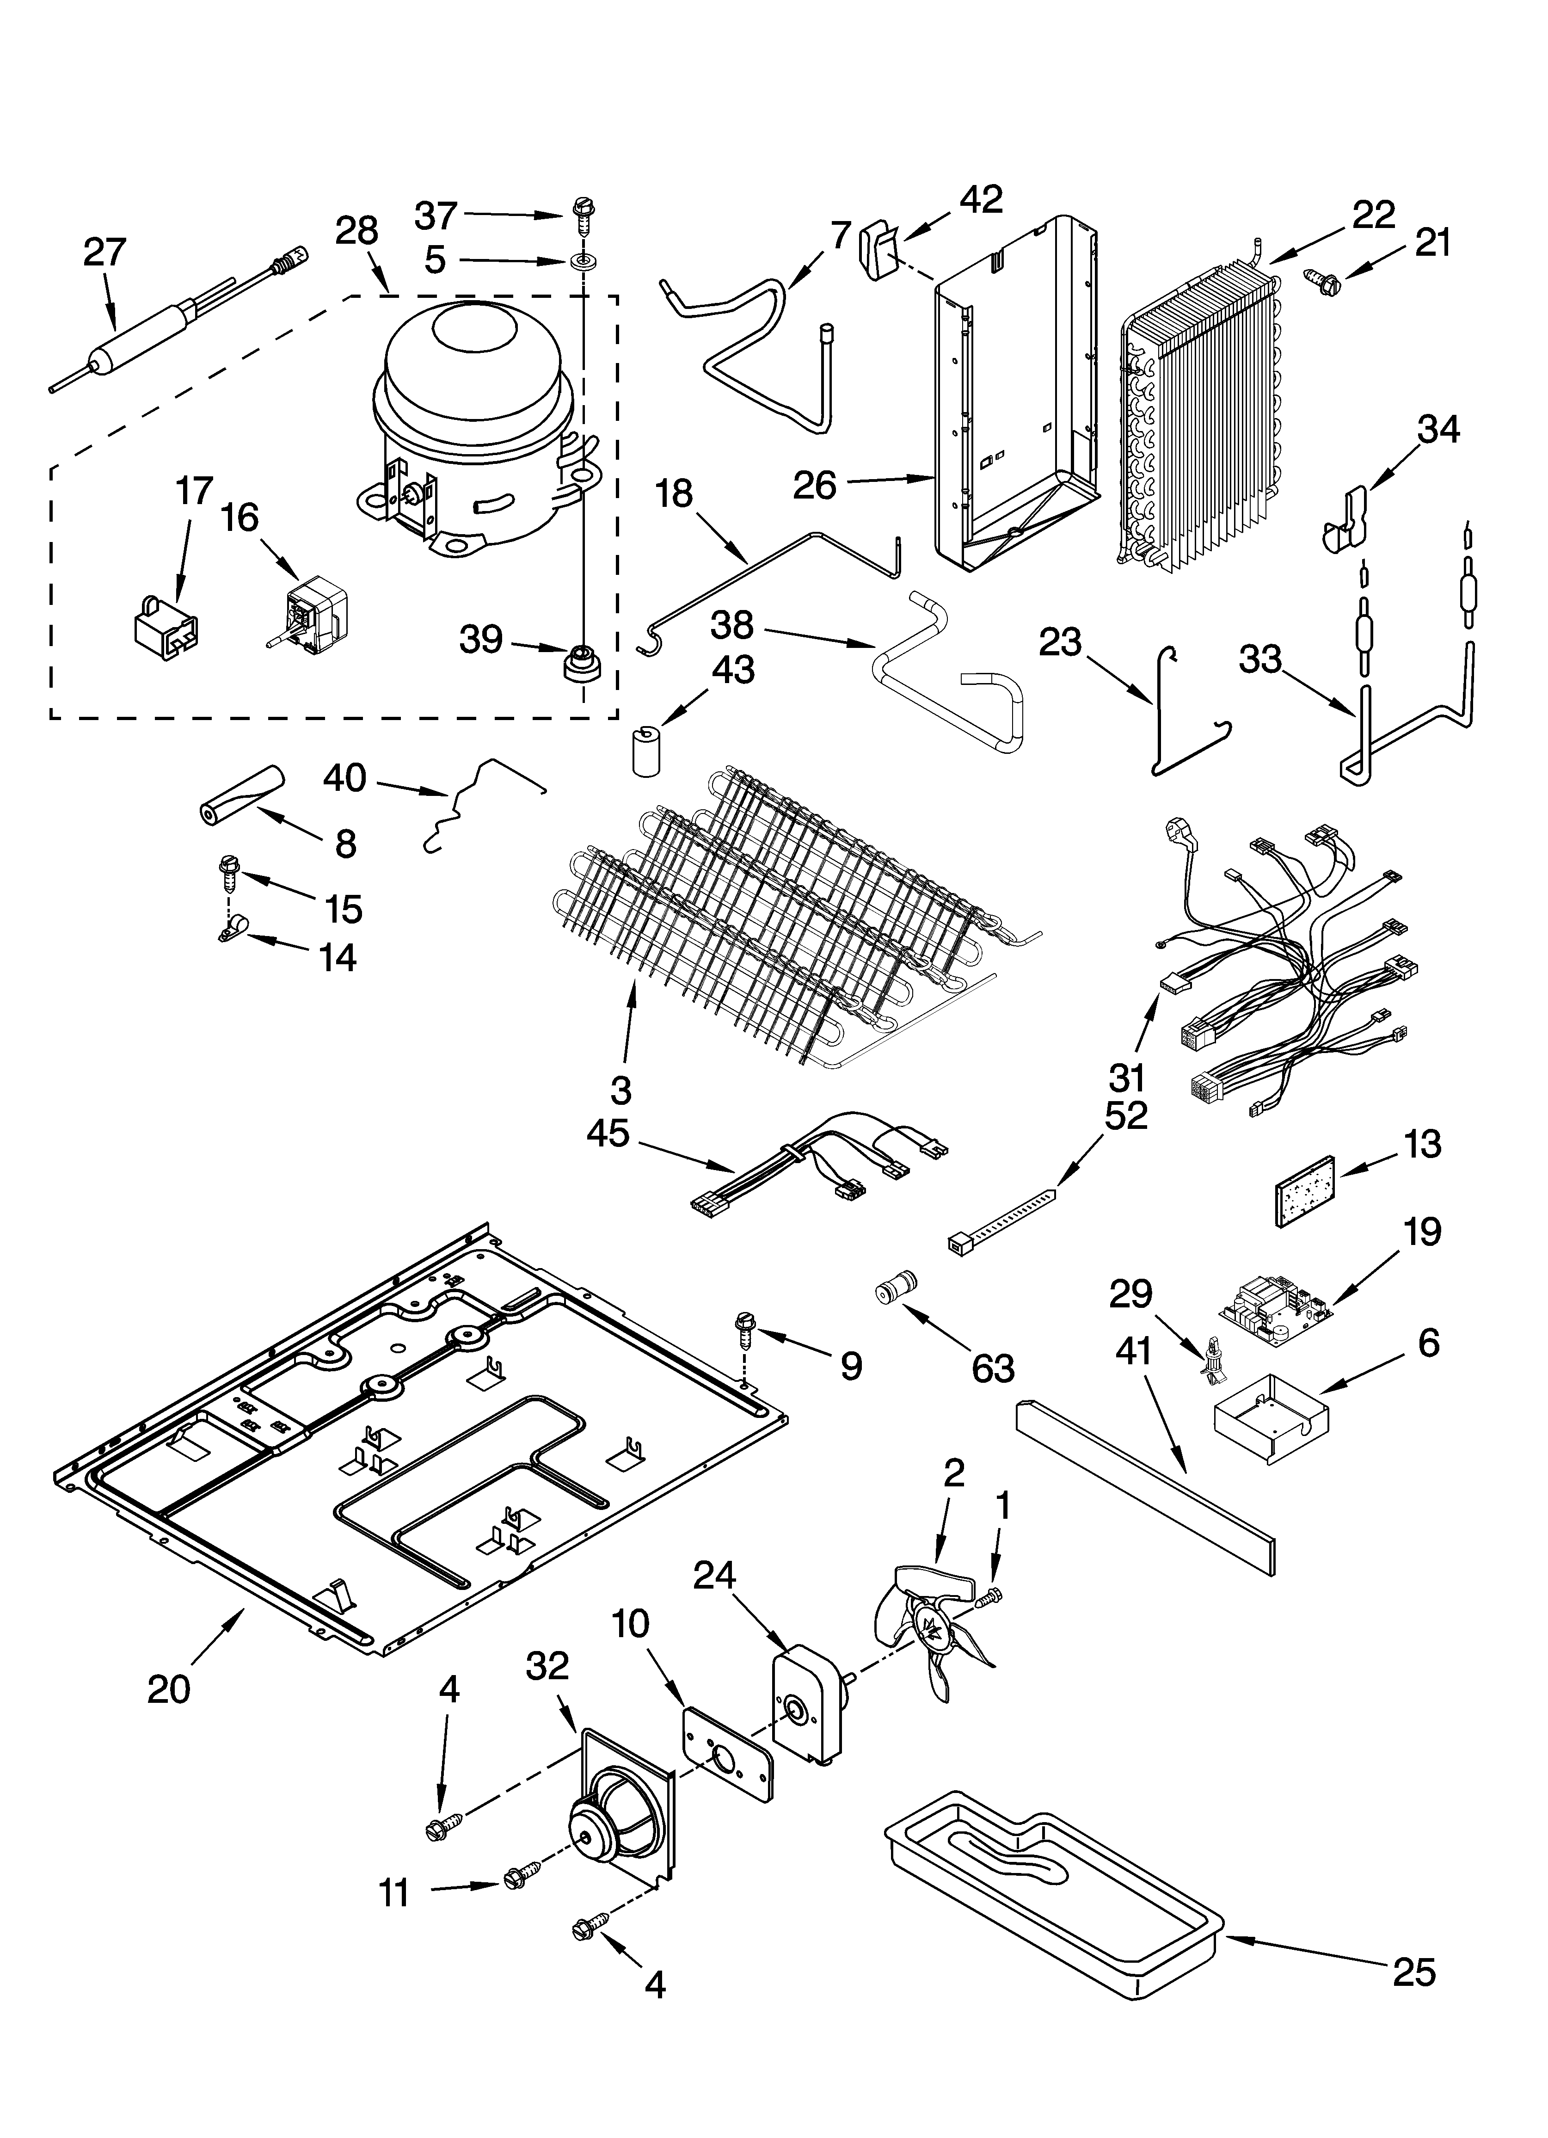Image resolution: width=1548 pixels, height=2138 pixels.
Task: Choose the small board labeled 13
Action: click(1308, 1191)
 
